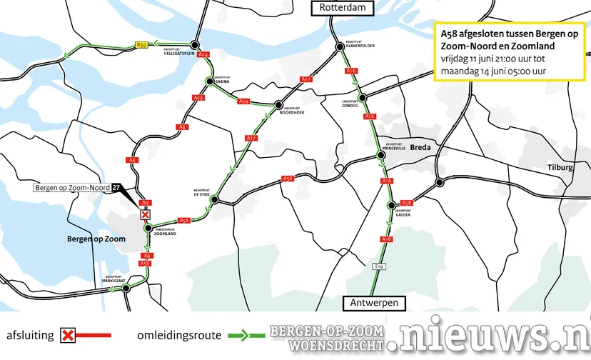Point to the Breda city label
click(421, 147)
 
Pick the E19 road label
click(380, 266)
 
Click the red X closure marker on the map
click(146, 214)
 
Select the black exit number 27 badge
click(116, 188)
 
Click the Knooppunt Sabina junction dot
click(209, 81)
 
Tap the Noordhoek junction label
click(292, 111)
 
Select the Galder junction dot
click(390, 206)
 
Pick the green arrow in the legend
click(246, 334)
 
